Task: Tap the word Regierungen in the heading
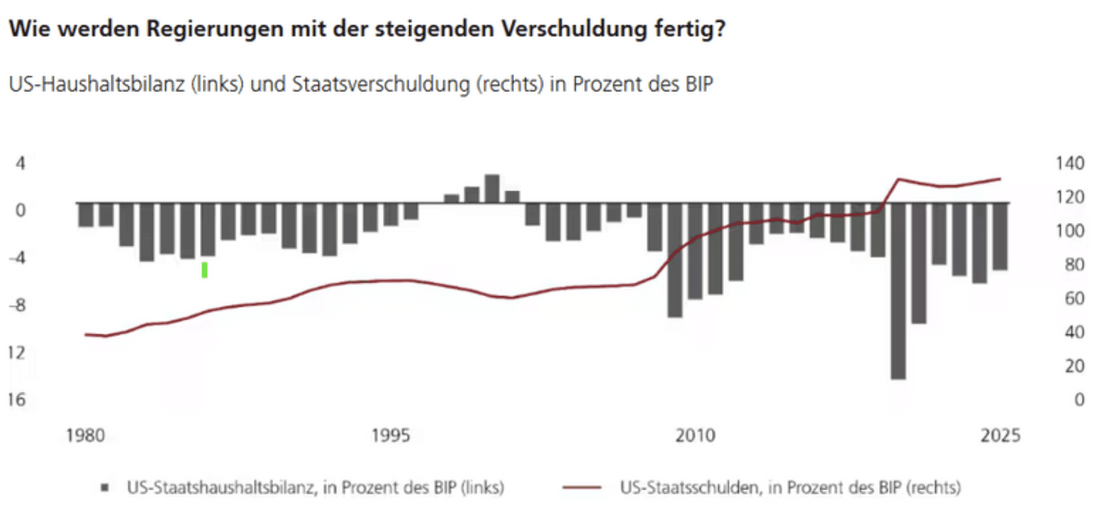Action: tap(215, 28)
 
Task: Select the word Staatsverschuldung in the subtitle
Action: tap(381, 84)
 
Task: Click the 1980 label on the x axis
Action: tap(85, 435)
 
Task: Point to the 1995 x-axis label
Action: tap(390, 435)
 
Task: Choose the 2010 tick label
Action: tap(695, 435)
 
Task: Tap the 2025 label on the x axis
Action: tap(1000, 435)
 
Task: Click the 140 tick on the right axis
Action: tap(1069, 163)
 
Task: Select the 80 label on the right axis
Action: tap(1074, 264)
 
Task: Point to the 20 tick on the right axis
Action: tap(1074, 366)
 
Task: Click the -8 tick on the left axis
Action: tap(17, 305)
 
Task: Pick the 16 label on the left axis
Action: tap(17, 399)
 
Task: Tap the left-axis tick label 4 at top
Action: tap(21, 163)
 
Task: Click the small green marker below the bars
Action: tap(205, 270)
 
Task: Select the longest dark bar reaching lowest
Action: tap(898, 291)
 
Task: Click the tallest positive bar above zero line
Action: tap(492, 188)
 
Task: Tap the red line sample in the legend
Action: tap(582, 487)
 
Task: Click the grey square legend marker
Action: tap(105, 487)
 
